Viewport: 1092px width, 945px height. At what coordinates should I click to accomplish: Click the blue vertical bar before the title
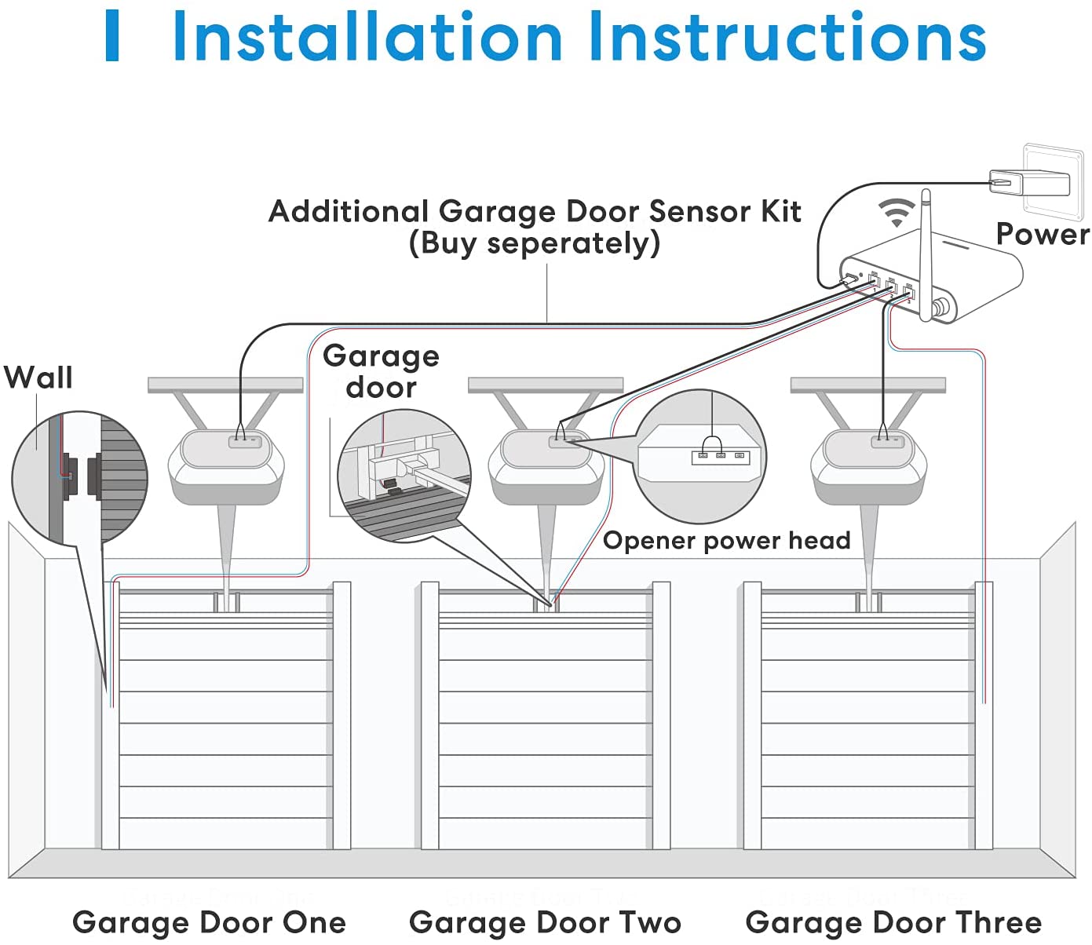pyautogui.click(x=112, y=37)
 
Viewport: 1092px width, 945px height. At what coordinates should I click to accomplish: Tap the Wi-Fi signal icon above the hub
pyautogui.click(x=897, y=211)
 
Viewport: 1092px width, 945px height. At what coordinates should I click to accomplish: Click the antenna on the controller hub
pyautogui.click(x=926, y=251)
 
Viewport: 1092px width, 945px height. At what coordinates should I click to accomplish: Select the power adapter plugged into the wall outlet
pyautogui.click(x=1029, y=183)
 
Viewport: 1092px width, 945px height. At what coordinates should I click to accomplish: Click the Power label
pyautogui.click(x=1042, y=235)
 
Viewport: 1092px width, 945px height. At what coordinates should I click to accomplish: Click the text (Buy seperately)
pyautogui.click(x=534, y=243)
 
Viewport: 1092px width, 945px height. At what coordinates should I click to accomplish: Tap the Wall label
pyautogui.click(x=38, y=378)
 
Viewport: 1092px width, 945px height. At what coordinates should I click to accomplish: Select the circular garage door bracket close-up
pyautogui.click(x=404, y=476)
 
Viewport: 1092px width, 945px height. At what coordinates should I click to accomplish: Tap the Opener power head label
pyautogui.click(x=726, y=541)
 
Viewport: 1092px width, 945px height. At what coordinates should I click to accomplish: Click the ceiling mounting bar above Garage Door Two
pyautogui.click(x=546, y=385)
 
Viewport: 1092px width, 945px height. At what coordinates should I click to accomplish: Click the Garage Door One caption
pyautogui.click(x=209, y=922)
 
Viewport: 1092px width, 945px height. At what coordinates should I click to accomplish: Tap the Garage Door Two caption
pyautogui.click(x=545, y=922)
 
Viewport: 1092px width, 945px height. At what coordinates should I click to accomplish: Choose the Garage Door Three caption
pyautogui.click(x=893, y=922)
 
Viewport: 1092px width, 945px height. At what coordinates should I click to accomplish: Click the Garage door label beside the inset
pyautogui.click(x=381, y=371)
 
